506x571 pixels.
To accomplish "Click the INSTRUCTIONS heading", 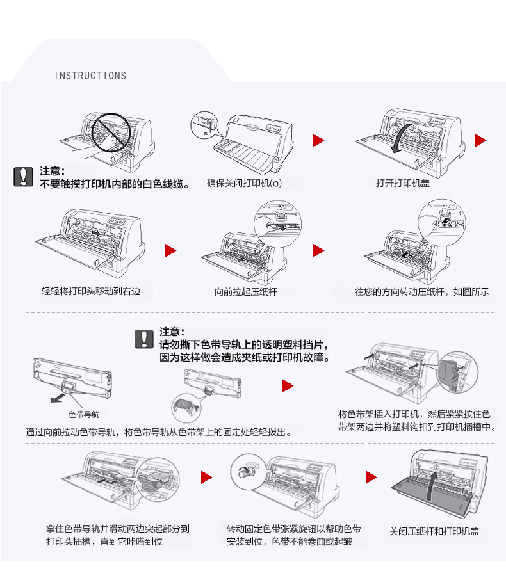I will click(x=90, y=76).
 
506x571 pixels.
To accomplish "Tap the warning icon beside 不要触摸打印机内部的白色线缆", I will click(x=23, y=177).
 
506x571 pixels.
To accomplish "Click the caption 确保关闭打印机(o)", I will click(x=244, y=183).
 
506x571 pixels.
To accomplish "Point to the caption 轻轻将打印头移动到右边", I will click(x=90, y=291).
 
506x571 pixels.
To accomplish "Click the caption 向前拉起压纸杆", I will click(x=245, y=292).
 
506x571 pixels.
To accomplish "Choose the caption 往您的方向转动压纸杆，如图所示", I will click(x=421, y=292).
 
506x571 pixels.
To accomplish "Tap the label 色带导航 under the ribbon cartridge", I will click(x=84, y=414).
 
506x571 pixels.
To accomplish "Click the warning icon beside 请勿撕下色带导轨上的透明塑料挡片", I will click(x=144, y=339).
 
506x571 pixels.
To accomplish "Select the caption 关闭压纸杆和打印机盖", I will click(x=434, y=531).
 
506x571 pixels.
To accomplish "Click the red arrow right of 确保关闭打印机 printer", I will click(x=318, y=141).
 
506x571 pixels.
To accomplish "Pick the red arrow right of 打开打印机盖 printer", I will click(x=480, y=141).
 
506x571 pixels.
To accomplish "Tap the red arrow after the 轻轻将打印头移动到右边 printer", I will click(x=170, y=250).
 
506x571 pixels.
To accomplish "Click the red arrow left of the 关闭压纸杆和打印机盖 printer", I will click(x=371, y=477).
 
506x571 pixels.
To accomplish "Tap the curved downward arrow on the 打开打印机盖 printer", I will click(x=399, y=138).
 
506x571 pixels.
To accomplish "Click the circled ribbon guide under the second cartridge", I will click(x=186, y=405).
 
